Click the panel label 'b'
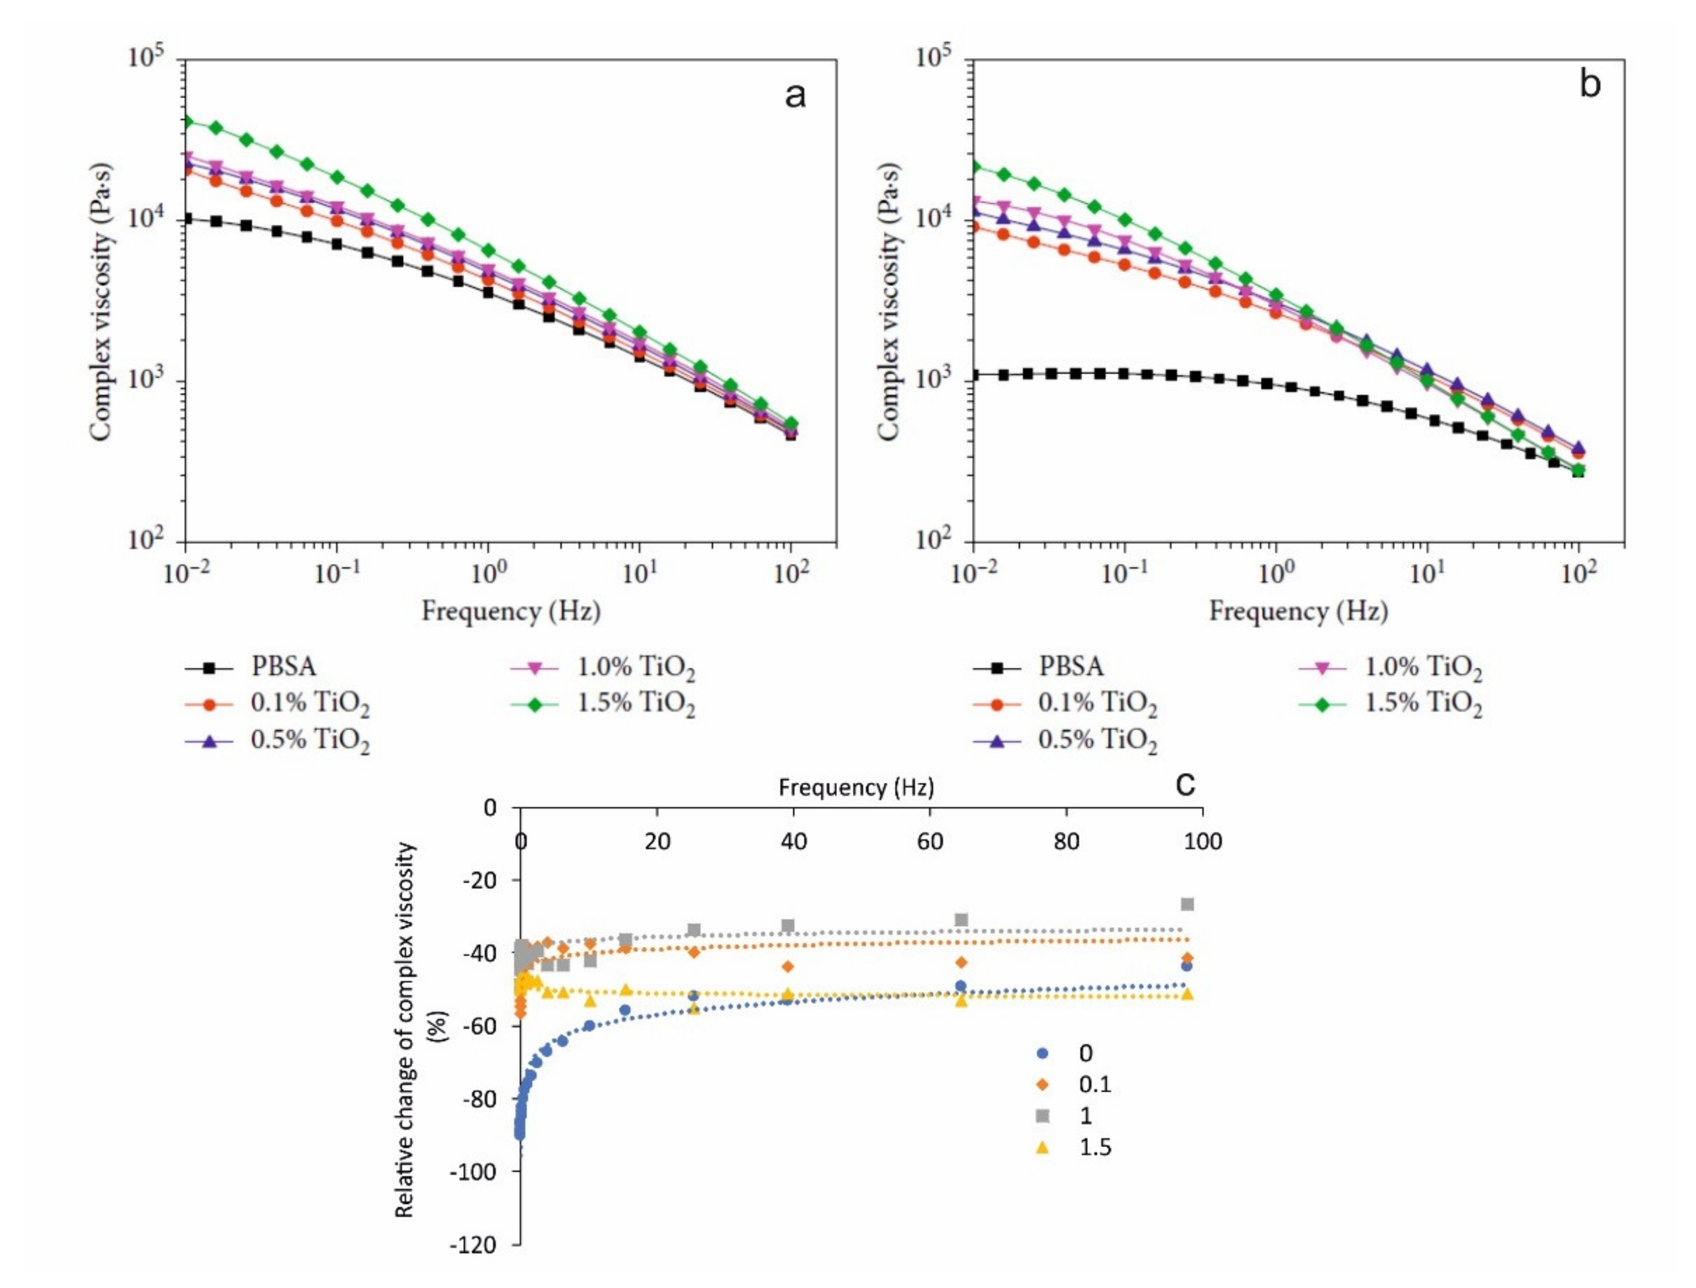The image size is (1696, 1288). [x=1590, y=84]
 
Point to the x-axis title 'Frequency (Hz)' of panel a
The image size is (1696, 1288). [x=511, y=611]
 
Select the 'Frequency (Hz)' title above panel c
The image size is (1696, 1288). [x=856, y=787]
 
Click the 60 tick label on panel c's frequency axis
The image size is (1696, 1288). [x=930, y=842]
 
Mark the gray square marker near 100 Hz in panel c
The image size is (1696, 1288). [x=1187, y=905]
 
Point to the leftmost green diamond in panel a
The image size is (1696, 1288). [x=187, y=121]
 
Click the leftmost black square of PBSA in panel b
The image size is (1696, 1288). [x=974, y=375]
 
